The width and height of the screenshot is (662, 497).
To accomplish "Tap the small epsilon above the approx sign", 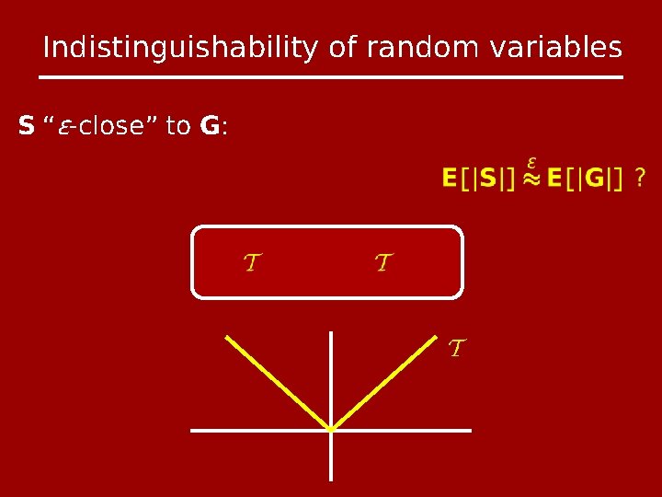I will pyautogui.click(x=531, y=162).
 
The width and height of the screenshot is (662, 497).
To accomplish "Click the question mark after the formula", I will pyautogui.click(x=639, y=177).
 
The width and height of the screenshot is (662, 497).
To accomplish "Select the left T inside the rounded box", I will pyautogui.click(x=249, y=264).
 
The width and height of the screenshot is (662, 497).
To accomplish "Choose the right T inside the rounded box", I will pyautogui.click(x=383, y=264).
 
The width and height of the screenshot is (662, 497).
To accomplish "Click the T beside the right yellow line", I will pyautogui.click(x=456, y=349).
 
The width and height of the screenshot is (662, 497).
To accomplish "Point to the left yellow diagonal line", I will pyautogui.click(x=276, y=381).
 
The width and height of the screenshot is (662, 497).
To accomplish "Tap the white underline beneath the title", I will pyautogui.click(x=332, y=76).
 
